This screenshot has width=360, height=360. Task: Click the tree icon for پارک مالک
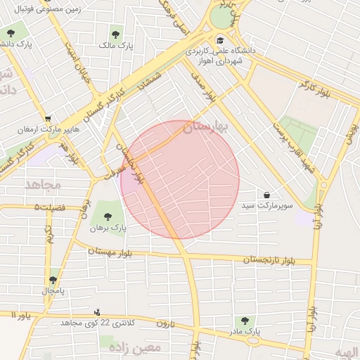tap(116, 33)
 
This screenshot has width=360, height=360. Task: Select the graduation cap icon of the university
tap(221, 40)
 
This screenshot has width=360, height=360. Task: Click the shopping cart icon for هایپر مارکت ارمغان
tap(47, 119)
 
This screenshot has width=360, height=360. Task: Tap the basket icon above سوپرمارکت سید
tap(266, 194)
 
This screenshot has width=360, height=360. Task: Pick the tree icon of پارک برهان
tap(107, 216)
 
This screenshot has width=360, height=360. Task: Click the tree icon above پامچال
tap(53, 279)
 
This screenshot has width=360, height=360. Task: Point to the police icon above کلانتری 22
tap(97, 311)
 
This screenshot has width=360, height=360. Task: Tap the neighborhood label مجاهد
tap(43, 185)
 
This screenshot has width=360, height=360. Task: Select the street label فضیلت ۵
tap(48, 207)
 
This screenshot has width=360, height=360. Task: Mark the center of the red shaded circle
tap(180, 179)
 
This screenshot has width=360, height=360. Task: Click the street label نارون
tap(165, 323)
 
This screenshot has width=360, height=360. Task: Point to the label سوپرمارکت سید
tap(266, 206)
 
